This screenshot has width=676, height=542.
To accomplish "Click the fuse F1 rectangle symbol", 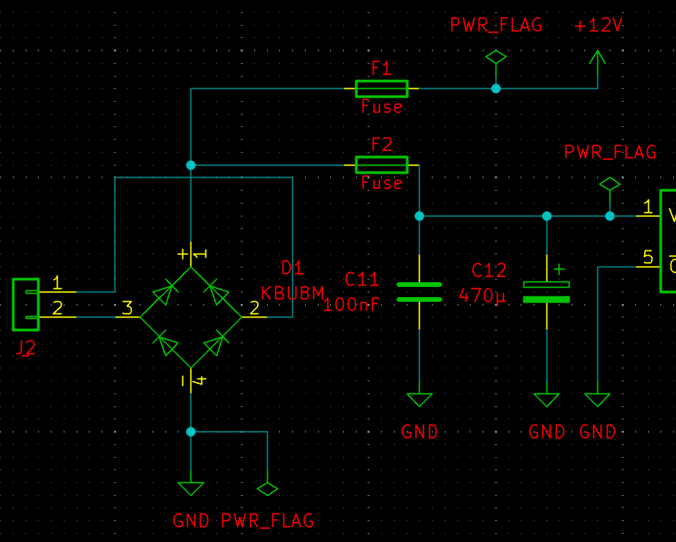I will (x=381, y=88).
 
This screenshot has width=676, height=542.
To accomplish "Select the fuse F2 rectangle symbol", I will (x=381, y=165).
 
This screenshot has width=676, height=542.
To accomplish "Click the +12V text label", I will (x=598, y=26).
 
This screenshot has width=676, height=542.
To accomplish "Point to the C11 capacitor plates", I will (x=419, y=292).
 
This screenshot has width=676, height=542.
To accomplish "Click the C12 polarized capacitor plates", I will (x=546, y=292).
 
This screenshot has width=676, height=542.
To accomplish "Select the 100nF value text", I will (x=351, y=305).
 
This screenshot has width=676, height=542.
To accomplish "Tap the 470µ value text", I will (x=483, y=296).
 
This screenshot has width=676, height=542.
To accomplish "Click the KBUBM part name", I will (x=293, y=293).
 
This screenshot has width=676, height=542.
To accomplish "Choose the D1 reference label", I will (x=293, y=269).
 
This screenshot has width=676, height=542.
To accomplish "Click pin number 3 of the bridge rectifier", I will (x=127, y=309).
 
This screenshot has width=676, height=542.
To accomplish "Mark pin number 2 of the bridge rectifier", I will (x=254, y=309).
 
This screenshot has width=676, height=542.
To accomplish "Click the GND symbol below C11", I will (x=420, y=400).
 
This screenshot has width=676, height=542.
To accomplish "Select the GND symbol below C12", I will (x=546, y=400).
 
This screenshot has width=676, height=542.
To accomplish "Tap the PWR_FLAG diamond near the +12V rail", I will (x=496, y=58).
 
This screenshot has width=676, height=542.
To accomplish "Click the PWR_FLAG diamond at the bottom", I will (x=268, y=488).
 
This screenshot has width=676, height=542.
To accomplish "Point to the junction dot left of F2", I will (x=191, y=165).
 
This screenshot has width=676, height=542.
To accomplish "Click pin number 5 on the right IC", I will (x=648, y=258).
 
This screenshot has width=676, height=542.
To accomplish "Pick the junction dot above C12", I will (x=546, y=216).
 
